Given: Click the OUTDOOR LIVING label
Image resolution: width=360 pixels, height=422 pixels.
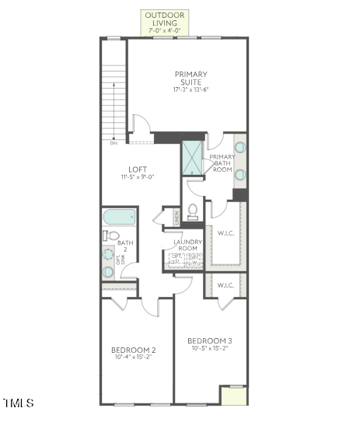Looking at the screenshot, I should click(166, 19).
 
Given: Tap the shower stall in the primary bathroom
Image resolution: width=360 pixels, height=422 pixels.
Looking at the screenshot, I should click(192, 158).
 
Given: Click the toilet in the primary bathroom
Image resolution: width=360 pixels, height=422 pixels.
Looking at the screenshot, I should click(192, 211).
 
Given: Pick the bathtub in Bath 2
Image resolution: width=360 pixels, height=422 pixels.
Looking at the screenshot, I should click(120, 217).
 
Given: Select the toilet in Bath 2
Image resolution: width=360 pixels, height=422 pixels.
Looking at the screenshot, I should click(111, 235).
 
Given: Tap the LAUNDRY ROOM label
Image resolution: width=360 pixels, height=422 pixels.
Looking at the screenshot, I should click(187, 245).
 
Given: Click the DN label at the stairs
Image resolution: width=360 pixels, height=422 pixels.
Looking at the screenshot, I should click(113, 143).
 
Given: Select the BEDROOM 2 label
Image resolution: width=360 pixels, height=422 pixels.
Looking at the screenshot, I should click(133, 350).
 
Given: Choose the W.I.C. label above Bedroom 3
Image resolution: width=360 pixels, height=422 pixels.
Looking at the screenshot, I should click(225, 285).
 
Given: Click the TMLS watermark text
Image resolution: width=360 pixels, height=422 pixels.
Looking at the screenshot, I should click(19, 403).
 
